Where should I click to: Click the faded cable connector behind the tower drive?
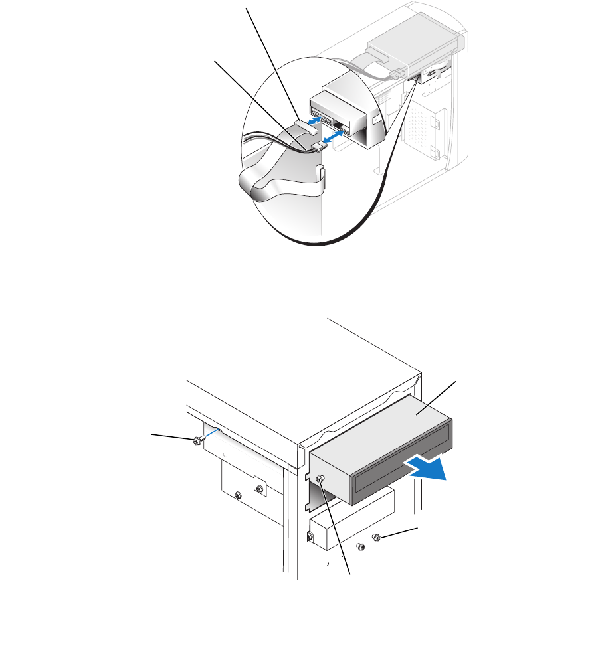pos(399,72)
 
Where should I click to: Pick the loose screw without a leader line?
pos(361,546)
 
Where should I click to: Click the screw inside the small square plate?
pos(260,490)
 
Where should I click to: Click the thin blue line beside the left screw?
pos(209,434)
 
